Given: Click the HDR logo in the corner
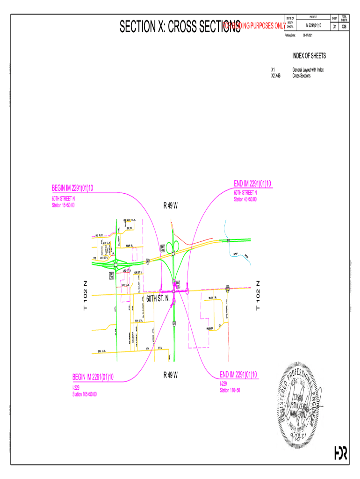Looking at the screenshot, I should tap(340, 453).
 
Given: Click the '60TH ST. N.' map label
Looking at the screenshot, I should tap(158, 298).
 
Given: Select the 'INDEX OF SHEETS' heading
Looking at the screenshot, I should tap(309, 56).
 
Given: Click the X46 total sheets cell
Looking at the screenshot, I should tap(344, 27).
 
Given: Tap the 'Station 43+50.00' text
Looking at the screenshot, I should tap(245, 200).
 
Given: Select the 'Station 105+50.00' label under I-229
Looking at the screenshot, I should tap(85, 394).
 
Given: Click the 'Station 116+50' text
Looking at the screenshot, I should tap(230, 390).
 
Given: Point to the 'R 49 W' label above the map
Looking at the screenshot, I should tap(170, 206).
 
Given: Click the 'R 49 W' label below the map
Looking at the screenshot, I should tap(170, 375).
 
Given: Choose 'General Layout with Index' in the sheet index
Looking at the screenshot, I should tap(308, 70).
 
